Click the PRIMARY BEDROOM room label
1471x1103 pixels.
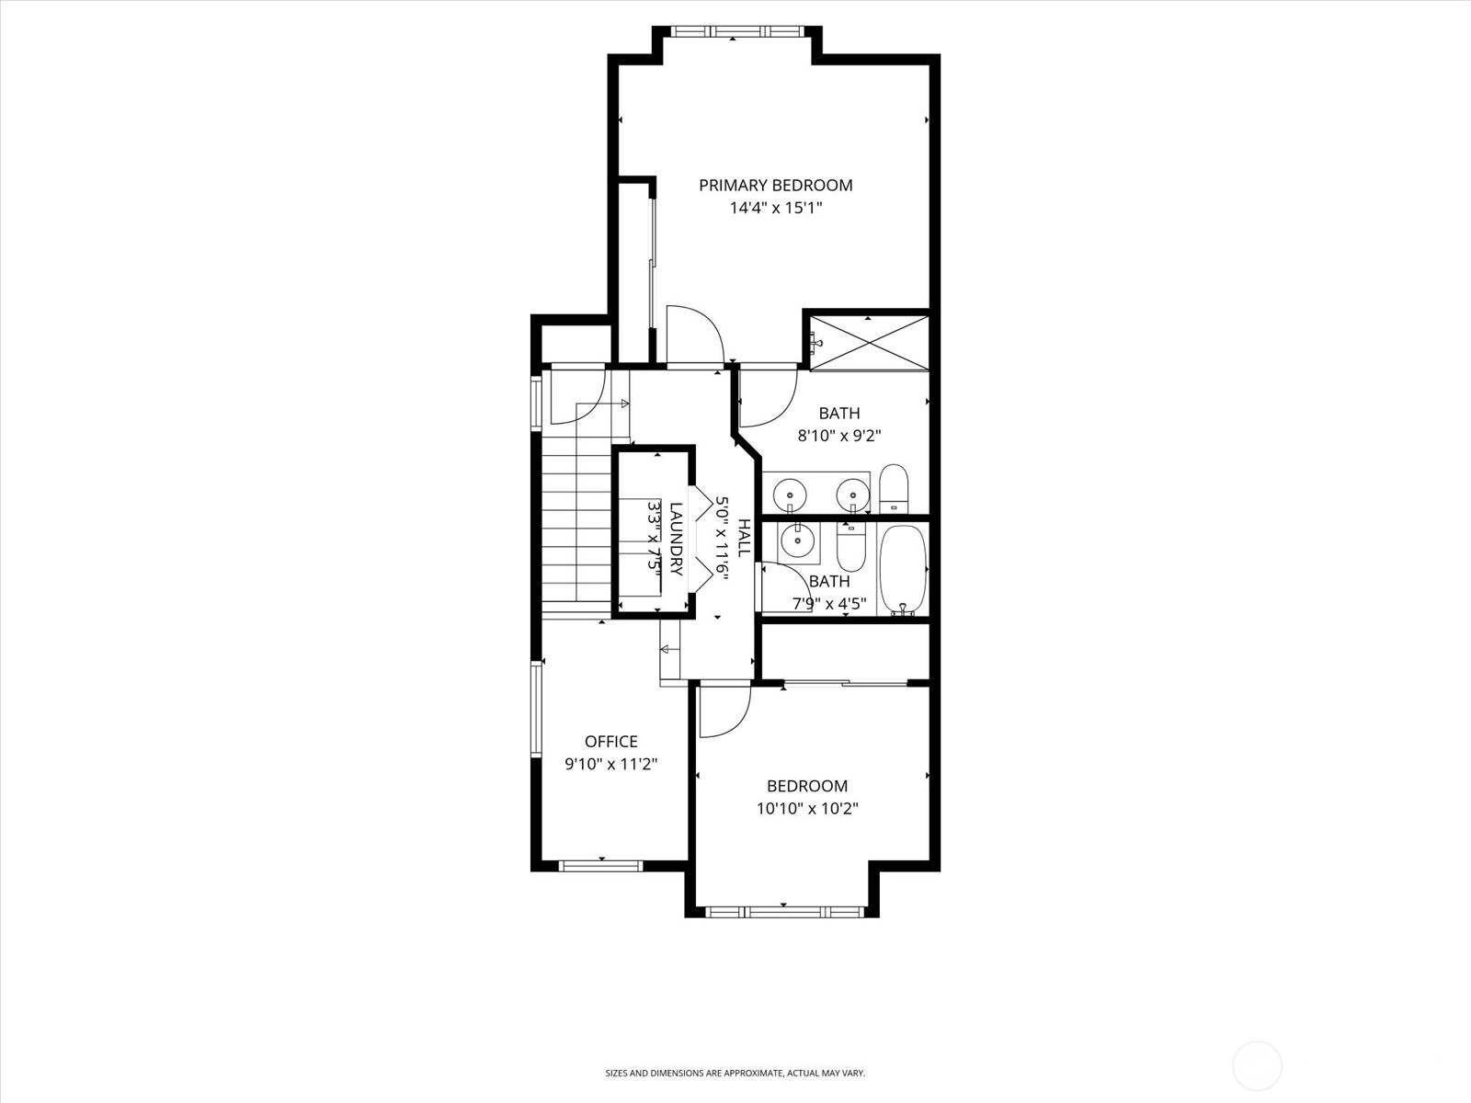pyautogui.click(x=775, y=186)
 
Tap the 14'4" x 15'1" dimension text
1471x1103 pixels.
pyautogui.click(x=775, y=209)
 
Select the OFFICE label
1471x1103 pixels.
pyautogui.click(x=611, y=742)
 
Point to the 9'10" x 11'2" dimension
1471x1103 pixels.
pyautogui.click(x=611, y=764)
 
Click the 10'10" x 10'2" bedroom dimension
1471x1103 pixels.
pyautogui.click(x=807, y=808)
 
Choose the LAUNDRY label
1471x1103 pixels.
pyautogui.click(x=676, y=540)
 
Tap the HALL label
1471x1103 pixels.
pyautogui.click(x=744, y=537)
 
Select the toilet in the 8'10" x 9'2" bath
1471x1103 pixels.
pyautogui.click(x=894, y=489)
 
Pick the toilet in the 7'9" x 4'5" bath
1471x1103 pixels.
pyautogui.click(x=851, y=547)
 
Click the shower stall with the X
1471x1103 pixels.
pyautogui.click(x=869, y=343)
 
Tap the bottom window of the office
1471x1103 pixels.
pyautogui.click(x=601, y=866)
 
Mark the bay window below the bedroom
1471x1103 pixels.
pyautogui.click(x=785, y=912)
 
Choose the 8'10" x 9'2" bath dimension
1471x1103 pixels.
pyautogui.click(x=839, y=436)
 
